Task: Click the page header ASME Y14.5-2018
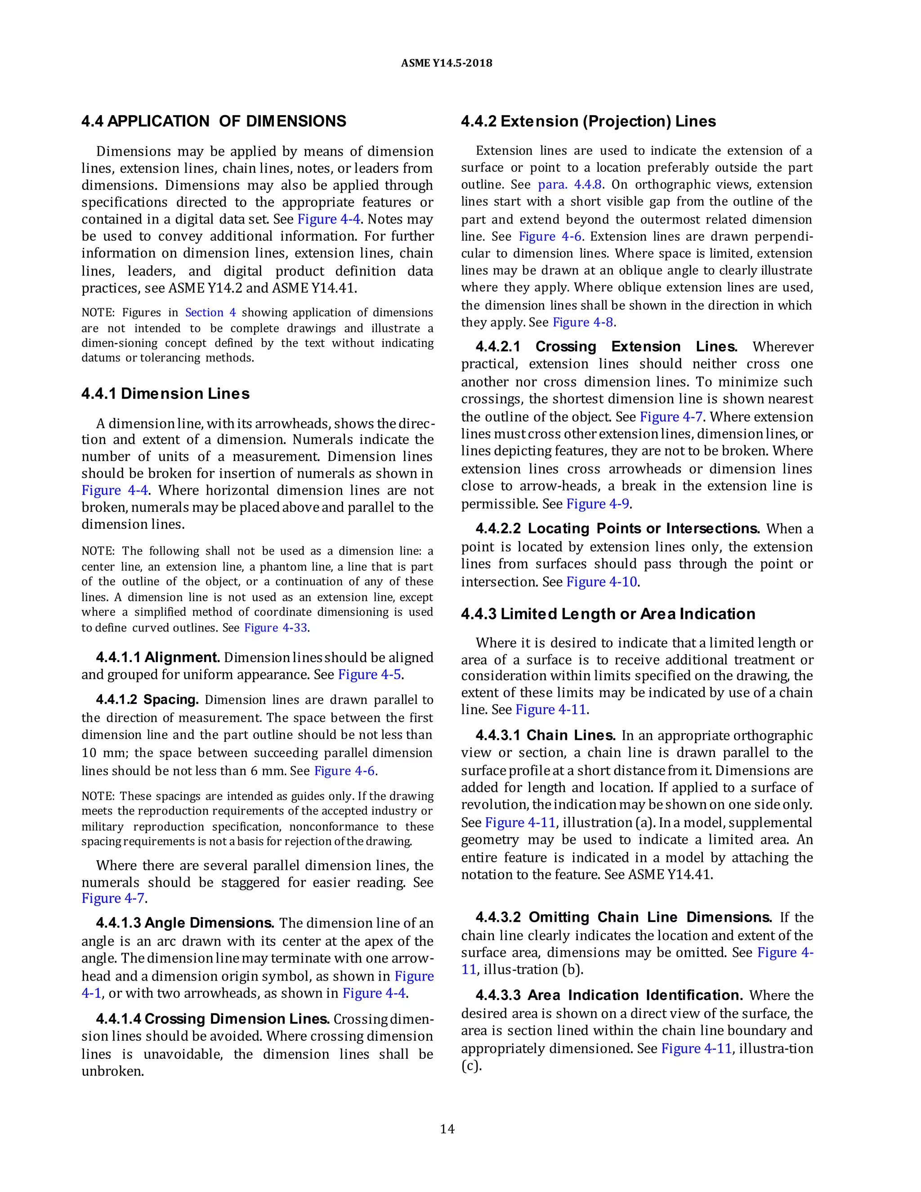[446, 63]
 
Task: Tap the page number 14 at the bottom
[447, 1129]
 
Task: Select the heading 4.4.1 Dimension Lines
[165, 394]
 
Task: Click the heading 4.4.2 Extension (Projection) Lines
[588, 121]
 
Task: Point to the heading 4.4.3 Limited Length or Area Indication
[608, 614]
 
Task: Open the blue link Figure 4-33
[276, 627]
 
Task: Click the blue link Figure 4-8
[583, 322]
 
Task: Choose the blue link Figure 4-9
[598, 504]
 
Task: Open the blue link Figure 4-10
[601, 582]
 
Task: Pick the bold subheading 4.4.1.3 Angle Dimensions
[185, 923]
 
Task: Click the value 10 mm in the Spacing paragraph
[96, 753]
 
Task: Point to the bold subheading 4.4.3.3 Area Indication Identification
[608, 995]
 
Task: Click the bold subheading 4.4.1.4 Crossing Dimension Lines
[212, 1019]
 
